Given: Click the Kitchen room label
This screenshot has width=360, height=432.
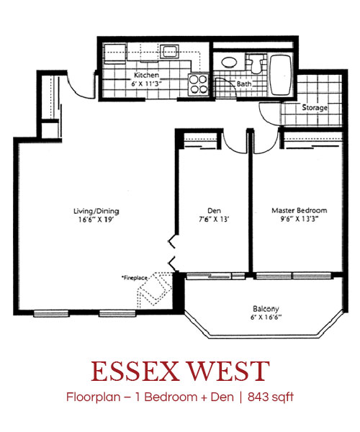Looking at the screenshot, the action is coord(146,75).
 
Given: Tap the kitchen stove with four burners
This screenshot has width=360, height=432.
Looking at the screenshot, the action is coord(198,84).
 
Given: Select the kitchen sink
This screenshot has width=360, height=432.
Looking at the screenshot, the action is coord(169,51).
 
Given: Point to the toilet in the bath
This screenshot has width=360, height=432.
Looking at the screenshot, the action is coord(256,63).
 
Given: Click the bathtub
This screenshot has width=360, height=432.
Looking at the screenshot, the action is coord(280,75).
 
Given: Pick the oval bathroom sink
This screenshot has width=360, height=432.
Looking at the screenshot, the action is coord(229,62).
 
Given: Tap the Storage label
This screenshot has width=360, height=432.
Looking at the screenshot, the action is coord(315,107).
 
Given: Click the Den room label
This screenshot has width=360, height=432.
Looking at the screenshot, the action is coord(214,211).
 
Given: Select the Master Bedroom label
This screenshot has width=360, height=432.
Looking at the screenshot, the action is coord(299,210).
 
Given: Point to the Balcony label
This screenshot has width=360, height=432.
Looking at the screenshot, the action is coord(266,309).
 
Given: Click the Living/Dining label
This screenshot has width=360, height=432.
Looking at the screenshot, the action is coord(96,211).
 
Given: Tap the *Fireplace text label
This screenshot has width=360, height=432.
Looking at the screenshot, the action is coord(135,278).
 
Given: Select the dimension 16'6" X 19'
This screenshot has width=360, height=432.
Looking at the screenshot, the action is coord(96,220).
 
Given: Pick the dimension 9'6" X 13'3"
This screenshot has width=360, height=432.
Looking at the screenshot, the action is coord(299,219).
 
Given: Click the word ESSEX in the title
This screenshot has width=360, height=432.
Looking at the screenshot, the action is coord(134,371).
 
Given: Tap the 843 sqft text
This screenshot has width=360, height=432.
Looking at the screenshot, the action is coord(271,397).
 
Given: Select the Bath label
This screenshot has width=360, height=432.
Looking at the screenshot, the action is coord(244,84).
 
